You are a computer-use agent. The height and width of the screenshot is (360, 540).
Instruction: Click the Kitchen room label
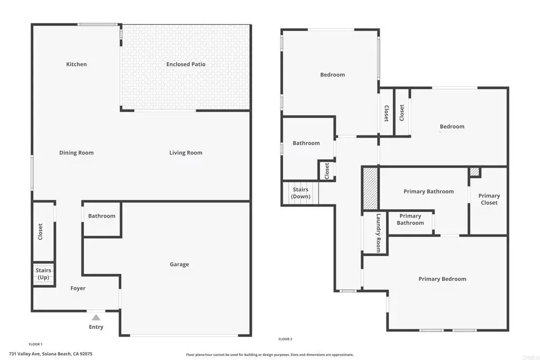click(76, 64)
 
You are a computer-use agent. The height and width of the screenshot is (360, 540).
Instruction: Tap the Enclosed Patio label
click(186, 64)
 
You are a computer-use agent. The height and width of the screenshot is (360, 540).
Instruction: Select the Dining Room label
click(76, 153)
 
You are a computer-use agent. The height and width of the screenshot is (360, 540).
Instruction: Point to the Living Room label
click(186, 153)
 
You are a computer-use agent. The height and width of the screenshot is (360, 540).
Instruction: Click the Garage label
click(179, 264)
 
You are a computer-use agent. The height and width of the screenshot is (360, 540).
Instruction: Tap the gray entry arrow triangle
click(96, 317)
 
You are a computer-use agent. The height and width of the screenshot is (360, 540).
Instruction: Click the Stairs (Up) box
click(44, 274)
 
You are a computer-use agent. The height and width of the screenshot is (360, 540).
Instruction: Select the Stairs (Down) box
click(301, 193)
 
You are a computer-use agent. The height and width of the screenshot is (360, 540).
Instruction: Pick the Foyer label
click(78, 288)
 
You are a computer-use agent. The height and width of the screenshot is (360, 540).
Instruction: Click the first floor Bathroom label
click(102, 216)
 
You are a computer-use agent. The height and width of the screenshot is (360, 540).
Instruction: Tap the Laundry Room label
click(379, 233)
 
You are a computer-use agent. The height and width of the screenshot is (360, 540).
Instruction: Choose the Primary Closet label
click(489, 199)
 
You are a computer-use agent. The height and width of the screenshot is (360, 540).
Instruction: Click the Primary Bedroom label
click(442, 279)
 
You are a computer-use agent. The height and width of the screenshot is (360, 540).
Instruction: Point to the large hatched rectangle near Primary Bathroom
click(371, 188)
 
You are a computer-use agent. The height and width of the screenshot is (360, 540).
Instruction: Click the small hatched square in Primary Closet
click(475, 172)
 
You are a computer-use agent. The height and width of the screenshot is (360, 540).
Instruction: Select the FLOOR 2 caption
click(285, 339)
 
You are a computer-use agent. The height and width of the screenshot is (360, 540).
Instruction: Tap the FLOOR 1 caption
click(35, 344)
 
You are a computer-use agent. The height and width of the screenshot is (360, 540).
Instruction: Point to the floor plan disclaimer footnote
click(269, 355)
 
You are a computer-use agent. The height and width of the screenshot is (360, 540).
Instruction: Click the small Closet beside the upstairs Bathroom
click(327, 171)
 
